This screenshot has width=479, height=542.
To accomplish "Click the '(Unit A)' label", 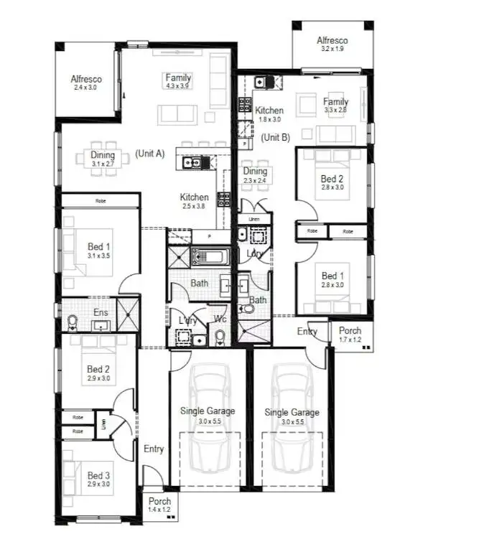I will (150, 154).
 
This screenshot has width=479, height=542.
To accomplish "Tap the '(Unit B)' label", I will (275, 137).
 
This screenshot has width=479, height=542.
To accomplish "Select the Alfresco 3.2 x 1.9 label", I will (332, 45).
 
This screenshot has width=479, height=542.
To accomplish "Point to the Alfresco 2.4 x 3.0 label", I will (85, 83).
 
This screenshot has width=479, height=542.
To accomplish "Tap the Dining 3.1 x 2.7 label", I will (103, 159).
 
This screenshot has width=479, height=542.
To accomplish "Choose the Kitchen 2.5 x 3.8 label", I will (194, 201).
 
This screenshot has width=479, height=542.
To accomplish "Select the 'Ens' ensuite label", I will (101, 312).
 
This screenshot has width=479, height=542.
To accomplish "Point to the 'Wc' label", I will (220, 318).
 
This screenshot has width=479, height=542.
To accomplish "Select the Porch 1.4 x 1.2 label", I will (160, 505).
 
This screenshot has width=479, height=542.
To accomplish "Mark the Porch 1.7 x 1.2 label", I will (350, 335).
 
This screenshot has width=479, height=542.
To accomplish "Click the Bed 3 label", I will (99, 480).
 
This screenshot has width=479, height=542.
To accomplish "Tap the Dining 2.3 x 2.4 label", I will (255, 176).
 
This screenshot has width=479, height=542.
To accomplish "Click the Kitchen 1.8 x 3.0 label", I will (269, 115).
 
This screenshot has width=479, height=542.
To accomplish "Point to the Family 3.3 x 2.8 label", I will (335, 106).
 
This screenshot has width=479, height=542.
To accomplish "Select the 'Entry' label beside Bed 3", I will (154, 449).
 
